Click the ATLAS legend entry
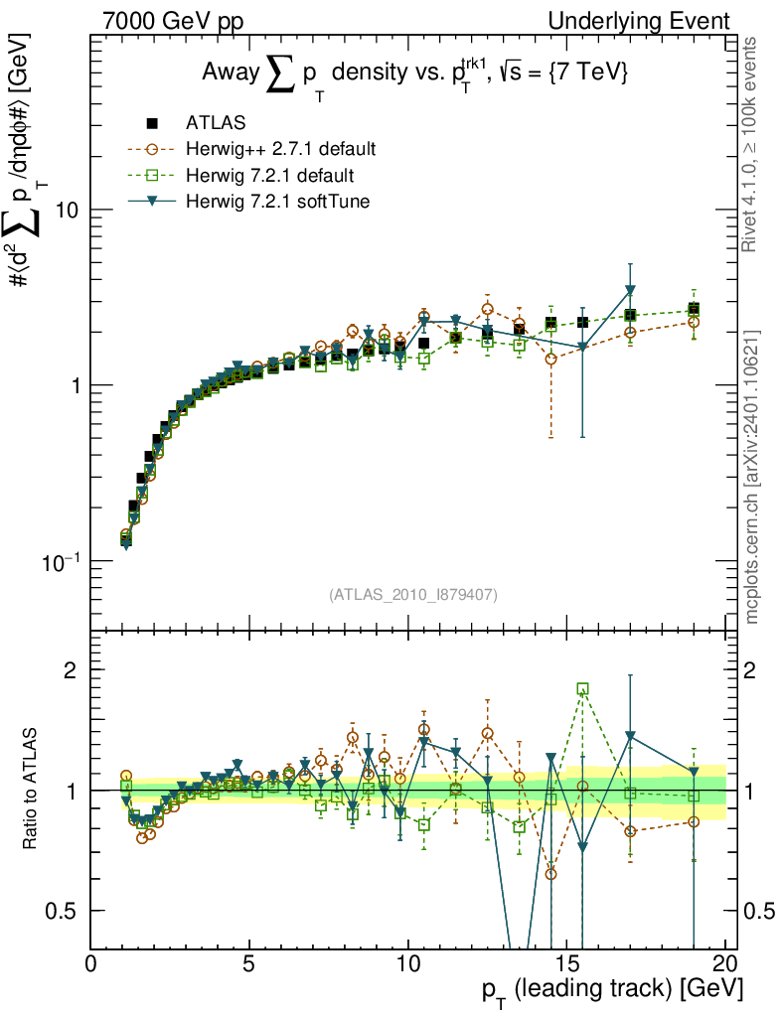pyautogui.click(x=215, y=123)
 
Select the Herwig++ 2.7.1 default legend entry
pyautogui.click(x=280, y=150)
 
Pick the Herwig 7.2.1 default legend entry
pyautogui.click(x=270, y=176)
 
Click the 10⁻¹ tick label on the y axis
pyautogui.click(x=60, y=562)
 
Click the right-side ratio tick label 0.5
pyautogui.click(x=759, y=911)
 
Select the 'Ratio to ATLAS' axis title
pyautogui.click(x=30, y=790)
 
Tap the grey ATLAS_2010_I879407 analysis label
pyautogui.click(x=412, y=595)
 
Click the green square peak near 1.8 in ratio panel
pyautogui.click(x=582, y=688)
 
